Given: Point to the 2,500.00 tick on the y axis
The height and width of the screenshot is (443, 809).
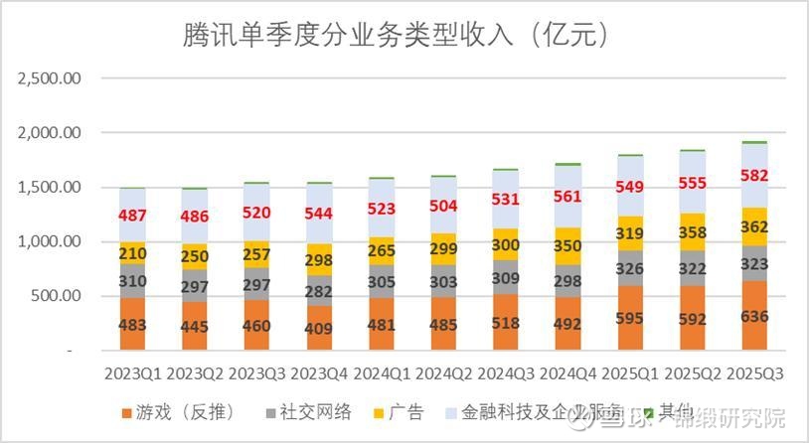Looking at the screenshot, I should point(49,77).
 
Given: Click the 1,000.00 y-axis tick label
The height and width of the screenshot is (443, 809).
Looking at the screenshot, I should point(49,241).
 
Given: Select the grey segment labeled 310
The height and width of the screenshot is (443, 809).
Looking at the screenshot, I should point(134,281).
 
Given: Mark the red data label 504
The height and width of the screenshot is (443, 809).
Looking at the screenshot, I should point(445,206).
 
